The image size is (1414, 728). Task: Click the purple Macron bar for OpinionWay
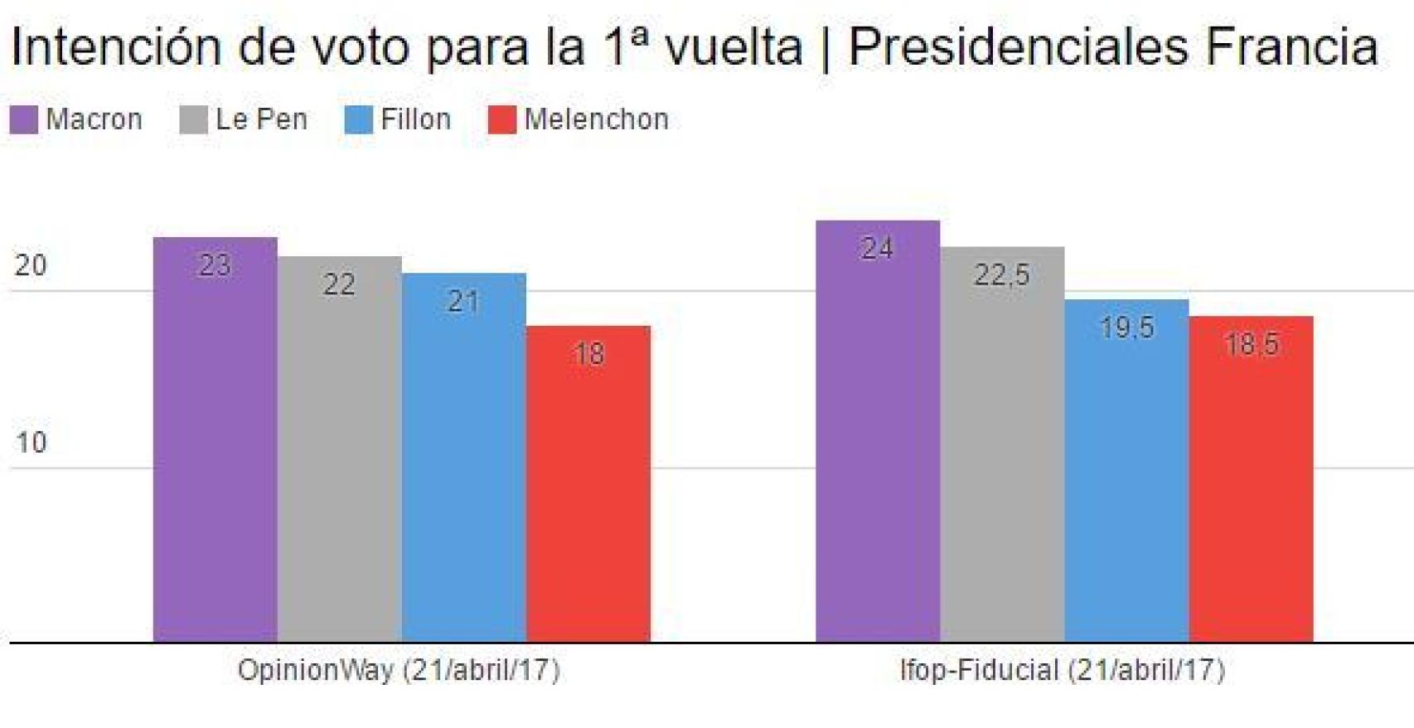pos(215,439)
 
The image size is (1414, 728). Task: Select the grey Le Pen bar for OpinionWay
pos(340,449)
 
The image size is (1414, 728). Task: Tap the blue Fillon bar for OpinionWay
pos(464,457)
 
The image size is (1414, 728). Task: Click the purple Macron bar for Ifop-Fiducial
pos(878,431)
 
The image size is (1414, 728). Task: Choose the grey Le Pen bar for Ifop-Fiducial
pos(1002,444)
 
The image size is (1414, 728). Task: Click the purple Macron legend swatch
pos(24,120)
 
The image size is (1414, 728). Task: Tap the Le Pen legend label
pos(261,120)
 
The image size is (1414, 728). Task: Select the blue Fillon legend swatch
pos(359,120)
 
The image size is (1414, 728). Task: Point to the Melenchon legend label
pos(596,120)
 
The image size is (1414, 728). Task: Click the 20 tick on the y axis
pos(31,265)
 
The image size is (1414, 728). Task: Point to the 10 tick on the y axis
pos(31,443)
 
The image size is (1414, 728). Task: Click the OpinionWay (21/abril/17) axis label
pos(399,670)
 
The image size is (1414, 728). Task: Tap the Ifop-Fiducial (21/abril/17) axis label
pos(1062,670)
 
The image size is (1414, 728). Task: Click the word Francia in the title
pos(1291,46)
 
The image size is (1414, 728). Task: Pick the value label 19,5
pos(1126,328)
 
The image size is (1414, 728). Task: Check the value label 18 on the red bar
pos(588,355)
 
